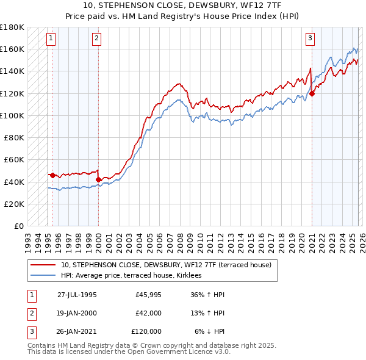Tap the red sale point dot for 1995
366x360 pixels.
(52, 175)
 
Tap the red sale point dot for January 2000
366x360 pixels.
(99, 179)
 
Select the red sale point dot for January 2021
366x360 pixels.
(312, 93)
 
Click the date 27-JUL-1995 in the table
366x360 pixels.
(77, 295)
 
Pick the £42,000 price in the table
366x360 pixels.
(149, 313)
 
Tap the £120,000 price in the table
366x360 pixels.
(146, 331)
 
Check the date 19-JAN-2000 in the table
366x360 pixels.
(77, 313)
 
